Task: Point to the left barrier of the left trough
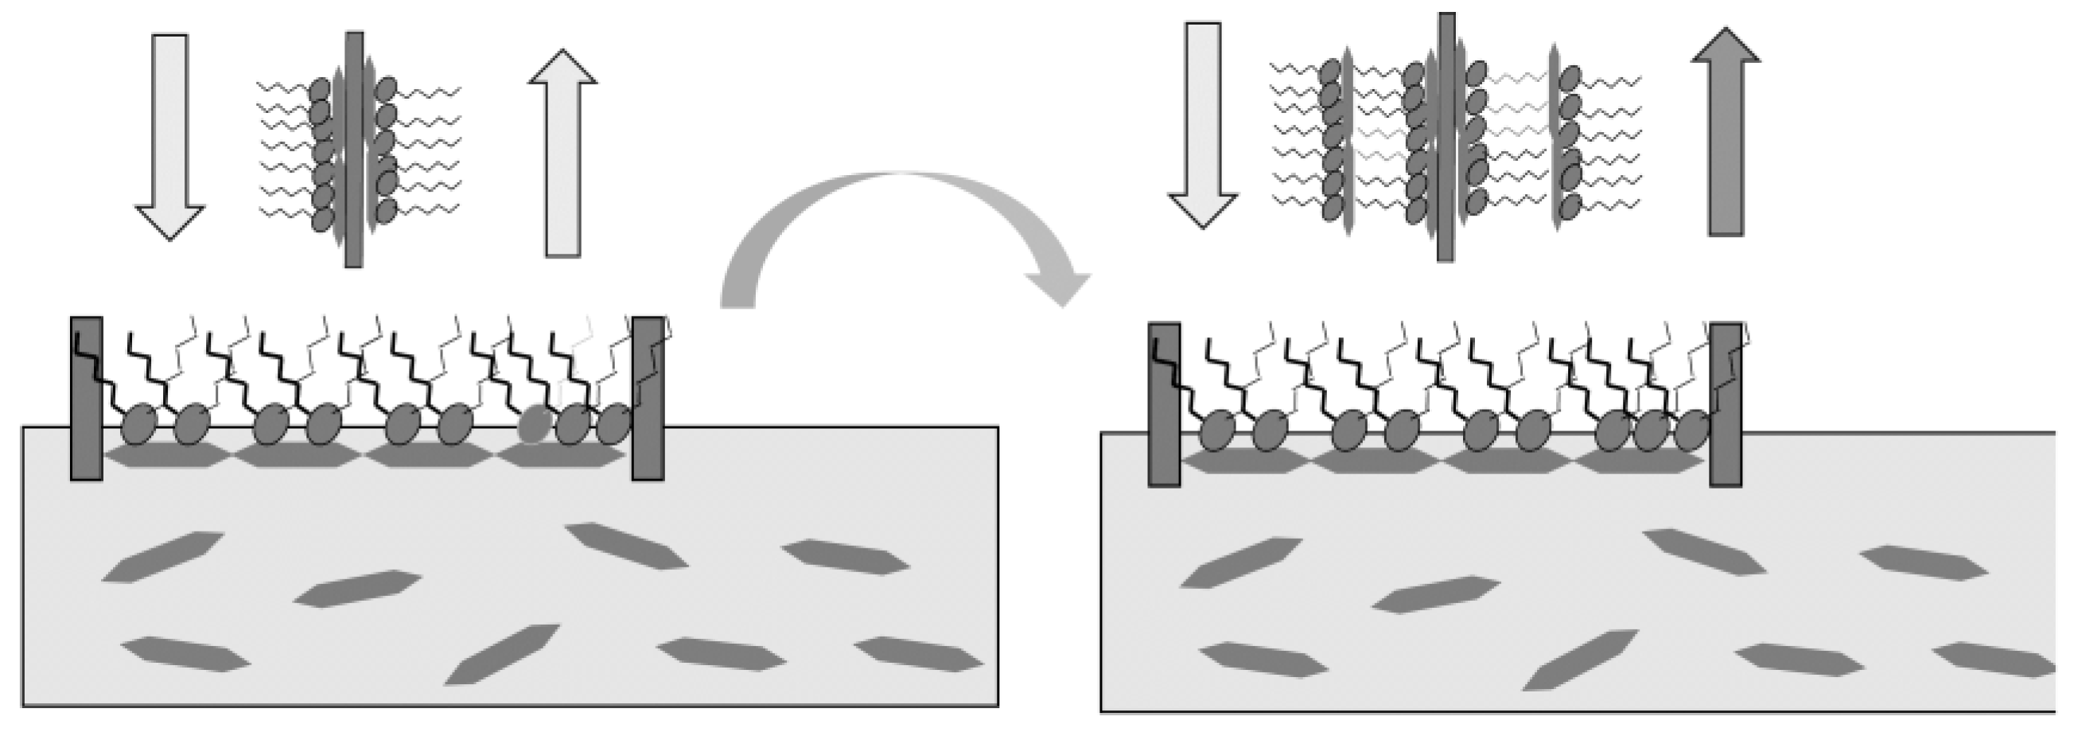pyautogui.click(x=86, y=399)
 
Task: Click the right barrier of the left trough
pyautogui.click(x=648, y=399)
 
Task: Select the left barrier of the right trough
pyautogui.click(x=1164, y=405)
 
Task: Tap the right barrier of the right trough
pyautogui.click(x=1726, y=405)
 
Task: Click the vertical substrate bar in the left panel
pyautogui.click(x=353, y=149)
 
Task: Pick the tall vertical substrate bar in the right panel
pyautogui.click(x=1446, y=137)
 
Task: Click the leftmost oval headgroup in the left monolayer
pyautogui.click(x=139, y=424)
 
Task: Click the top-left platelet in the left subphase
pyautogui.click(x=163, y=555)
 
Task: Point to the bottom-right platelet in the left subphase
pyautogui.click(x=918, y=654)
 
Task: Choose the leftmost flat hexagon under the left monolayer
pyautogui.click(x=168, y=455)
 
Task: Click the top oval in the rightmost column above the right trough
pyautogui.click(x=1570, y=78)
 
